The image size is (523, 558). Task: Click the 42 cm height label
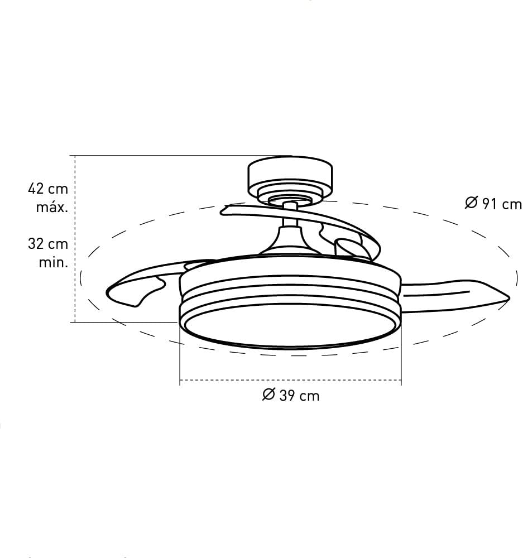[x=47, y=189]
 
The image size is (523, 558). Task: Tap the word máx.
[x=52, y=208]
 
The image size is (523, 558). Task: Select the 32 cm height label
[x=47, y=244]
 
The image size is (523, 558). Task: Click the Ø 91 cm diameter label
[x=493, y=204]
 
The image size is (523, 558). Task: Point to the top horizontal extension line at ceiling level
[x=167, y=156]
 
